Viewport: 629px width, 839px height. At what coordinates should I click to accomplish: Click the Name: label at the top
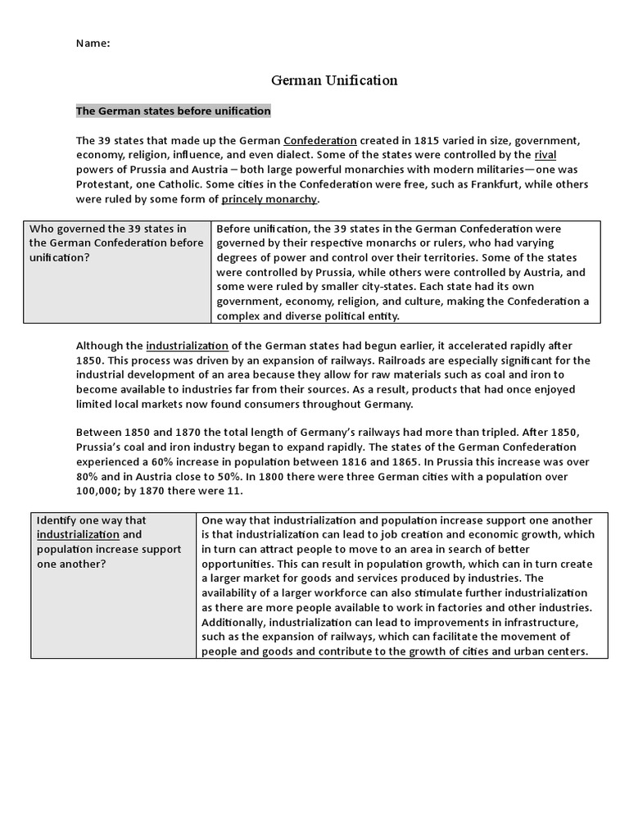(x=93, y=43)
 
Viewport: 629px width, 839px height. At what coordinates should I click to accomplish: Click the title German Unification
(x=334, y=80)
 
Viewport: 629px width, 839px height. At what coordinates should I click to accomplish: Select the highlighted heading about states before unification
(x=173, y=111)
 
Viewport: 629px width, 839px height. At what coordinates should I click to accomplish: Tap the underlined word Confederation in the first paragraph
(x=320, y=140)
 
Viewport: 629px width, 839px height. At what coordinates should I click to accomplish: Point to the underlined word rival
(x=545, y=155)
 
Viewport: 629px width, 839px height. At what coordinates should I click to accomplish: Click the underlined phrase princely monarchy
(x=269, y=199)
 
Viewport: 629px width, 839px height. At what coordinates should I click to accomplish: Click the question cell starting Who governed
(x=117, y=243)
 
